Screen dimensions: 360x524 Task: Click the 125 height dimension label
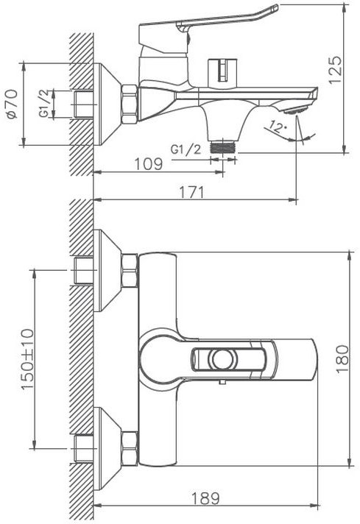(335, 70)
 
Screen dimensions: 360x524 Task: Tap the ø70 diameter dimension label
(12, 104)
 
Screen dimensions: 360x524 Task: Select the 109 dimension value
(149, 163)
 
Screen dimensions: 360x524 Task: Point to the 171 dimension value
(191, 192)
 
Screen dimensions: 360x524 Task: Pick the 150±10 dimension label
(28, 359)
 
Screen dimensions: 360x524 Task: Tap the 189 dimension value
(205, 498)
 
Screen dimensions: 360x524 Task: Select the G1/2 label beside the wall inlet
(46, 103)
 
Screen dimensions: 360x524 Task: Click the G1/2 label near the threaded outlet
(186, 149)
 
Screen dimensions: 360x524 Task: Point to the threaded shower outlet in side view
(223, 146)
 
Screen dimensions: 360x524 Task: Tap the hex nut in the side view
(130, 105)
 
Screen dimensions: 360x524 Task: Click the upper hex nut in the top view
(130, 270)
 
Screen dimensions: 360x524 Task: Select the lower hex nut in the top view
(130, 448)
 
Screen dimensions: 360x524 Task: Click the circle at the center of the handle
(223, 360)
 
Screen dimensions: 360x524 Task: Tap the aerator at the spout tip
(295, 110)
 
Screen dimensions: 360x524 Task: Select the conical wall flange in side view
(107, 104)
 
